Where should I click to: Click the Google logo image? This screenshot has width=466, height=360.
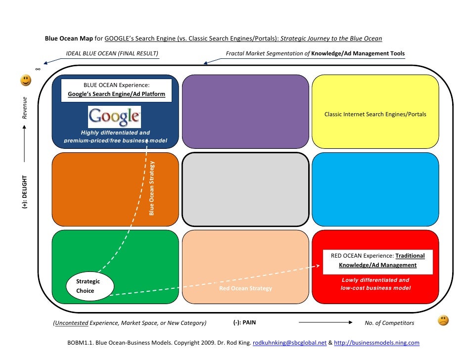pyautogui.click(x=114, y=117)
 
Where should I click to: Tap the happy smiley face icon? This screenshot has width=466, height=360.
pyautogui.click(x=25, y=80)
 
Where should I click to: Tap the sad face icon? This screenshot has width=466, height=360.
pyautogui.click(x=443, y=320)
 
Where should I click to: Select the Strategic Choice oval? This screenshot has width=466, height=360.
pyautogui.click(x=90, y=286)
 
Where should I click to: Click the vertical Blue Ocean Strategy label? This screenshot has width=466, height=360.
pyautogui.click(x=152, y=188)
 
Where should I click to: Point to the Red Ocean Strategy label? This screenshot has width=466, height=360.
pyautogui.click(x=245, y=288)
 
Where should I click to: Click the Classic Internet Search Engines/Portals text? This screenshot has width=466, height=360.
pyautogui.click(x=375, y=114)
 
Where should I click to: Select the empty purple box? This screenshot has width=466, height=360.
pyautogui.click(x=245, y=111)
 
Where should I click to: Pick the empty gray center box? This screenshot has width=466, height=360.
pyautogui.click(x=245, y=189)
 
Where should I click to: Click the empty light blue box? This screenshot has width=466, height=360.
pyautogui.click(x=375, y=189)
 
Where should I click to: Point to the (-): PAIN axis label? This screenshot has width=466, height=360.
pyautogui.click(x=244, y=323)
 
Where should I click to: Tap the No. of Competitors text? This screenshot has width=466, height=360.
pyautogui.click(x=389, y=323)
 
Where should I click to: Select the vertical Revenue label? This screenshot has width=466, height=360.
pyautogui.click(x=24, y=107)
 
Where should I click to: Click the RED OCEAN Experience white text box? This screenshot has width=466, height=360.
pyautogui.click(x=377, y=261)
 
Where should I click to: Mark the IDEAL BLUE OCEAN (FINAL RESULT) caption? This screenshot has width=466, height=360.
pyautogui.click(x=112, y=53)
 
